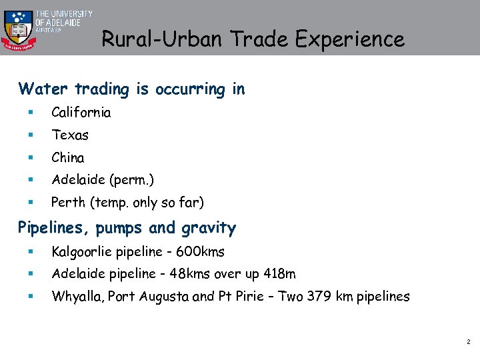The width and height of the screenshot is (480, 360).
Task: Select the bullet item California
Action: click(x=81, y=113)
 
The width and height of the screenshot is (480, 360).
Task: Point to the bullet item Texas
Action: click(x=70, y=135)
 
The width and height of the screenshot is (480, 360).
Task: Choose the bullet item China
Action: click(x=68, y=158)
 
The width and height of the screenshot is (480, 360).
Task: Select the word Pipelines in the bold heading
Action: click(x=53, y=229)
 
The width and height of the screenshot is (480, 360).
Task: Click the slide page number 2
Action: click(x=468, y=342)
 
